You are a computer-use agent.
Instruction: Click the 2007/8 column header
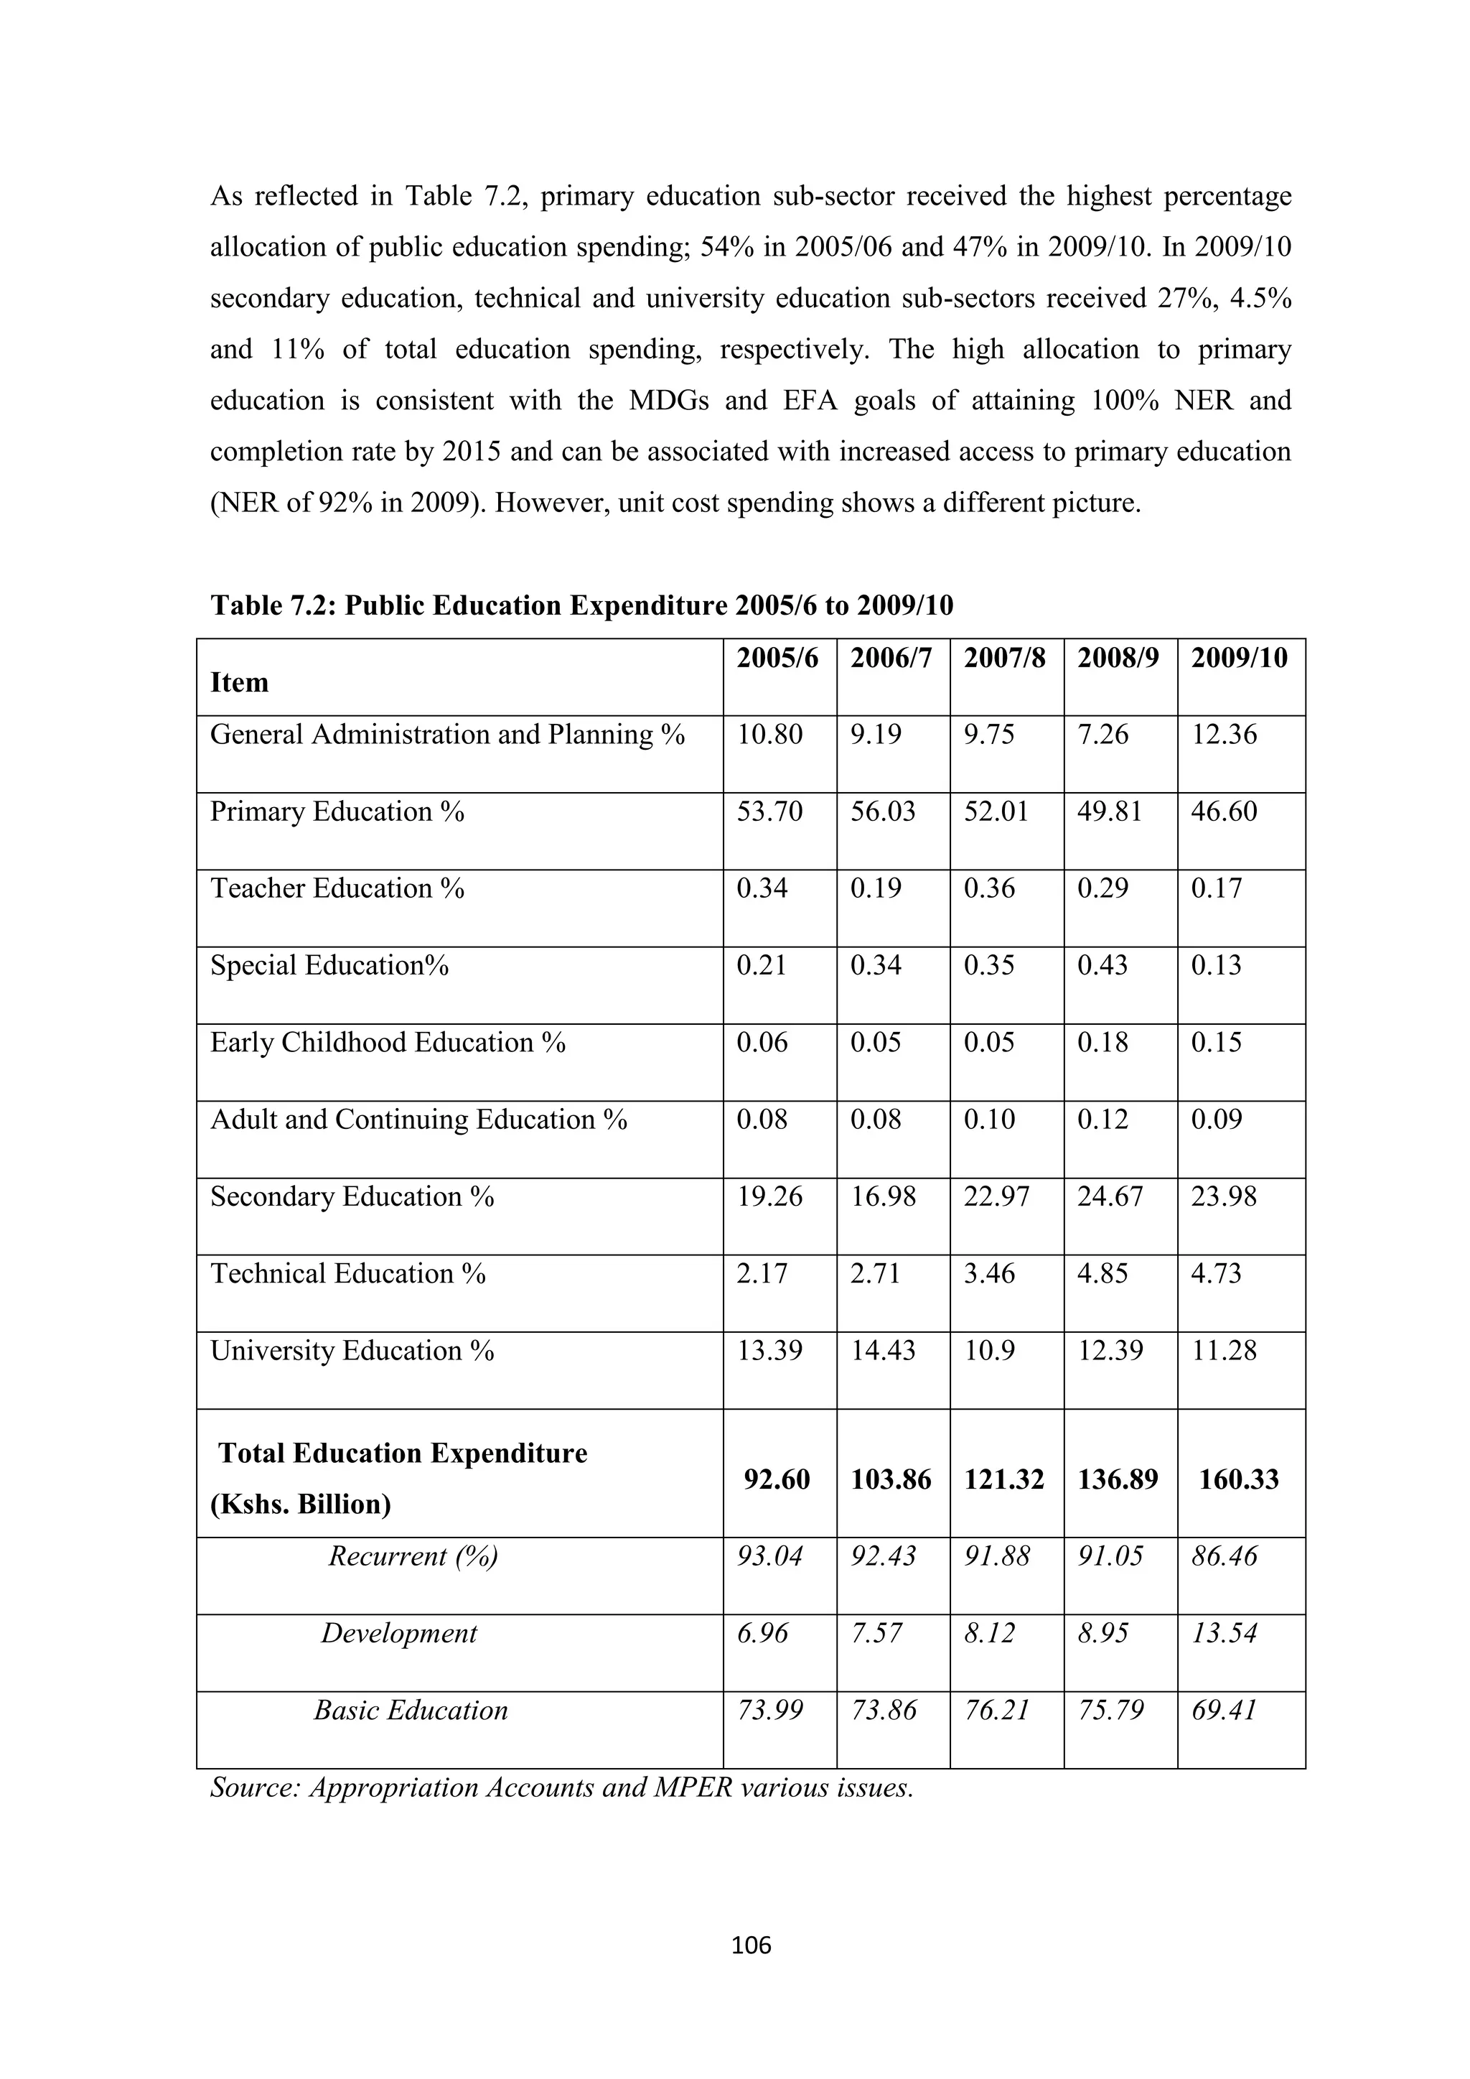click(x=1004, y=659)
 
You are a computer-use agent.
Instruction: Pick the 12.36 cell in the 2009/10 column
click(x=1223, y=735)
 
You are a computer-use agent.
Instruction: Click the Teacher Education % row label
click(x=337, y=888)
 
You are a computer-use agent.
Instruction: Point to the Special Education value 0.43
click(x=1102, y=965)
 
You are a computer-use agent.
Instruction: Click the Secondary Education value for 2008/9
click(x=1109, y=1196)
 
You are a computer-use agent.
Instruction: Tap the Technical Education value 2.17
click(x=762, y=1273)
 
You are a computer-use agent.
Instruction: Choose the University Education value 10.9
click(x=988, y=1350)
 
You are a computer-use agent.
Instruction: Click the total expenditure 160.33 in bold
click(x=1237, y=1479)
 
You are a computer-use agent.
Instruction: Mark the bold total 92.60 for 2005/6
click(x=776, y=1479)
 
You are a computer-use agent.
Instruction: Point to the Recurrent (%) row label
click(x=413, y=1555)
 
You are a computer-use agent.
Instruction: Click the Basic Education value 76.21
click(x=996, y=1710)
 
